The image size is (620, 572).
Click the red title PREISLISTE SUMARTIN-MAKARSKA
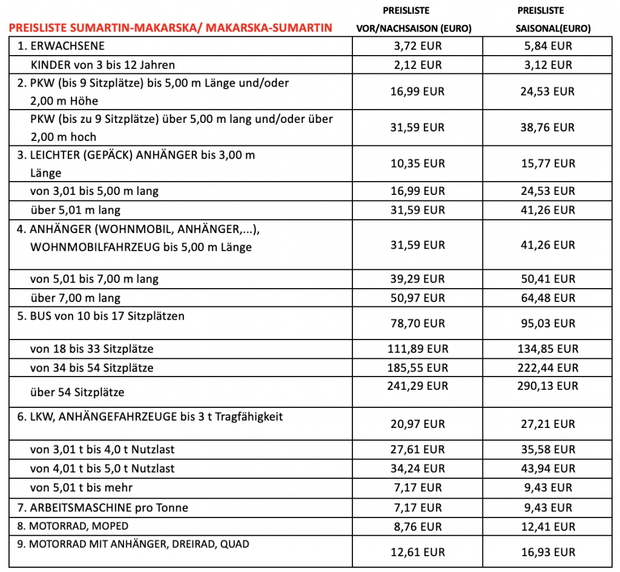(170, 27)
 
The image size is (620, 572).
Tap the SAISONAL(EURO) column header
(549, 28)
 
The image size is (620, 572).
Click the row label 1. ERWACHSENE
(61, 46)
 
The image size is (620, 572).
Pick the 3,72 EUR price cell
(418, 46)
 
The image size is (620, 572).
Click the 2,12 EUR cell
(418, 65)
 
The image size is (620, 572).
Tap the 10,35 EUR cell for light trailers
(418, 163)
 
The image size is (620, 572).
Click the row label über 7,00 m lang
(75, 298)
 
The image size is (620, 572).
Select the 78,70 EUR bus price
(418, 324)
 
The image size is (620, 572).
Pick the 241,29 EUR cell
(418, 386)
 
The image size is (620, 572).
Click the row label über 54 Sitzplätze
(77, 392)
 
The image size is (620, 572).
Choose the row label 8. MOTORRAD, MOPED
(73, 526)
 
